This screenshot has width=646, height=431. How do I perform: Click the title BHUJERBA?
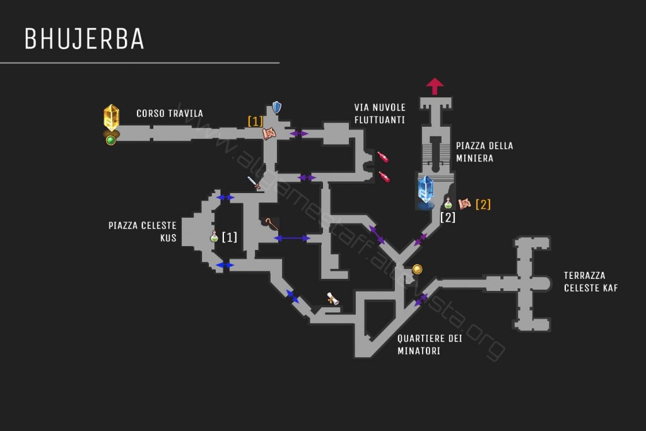(x=84, y=39)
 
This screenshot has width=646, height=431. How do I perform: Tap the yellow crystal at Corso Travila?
(x=112, y=117)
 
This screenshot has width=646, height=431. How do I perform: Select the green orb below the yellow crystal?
(x=111, y=140)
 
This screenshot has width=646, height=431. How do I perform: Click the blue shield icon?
(x=276, y=107)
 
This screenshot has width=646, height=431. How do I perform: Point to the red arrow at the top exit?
(x=435, y=86)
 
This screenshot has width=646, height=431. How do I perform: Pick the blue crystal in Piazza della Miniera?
(x=426, y=189)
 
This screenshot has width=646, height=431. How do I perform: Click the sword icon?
(x=254, y=184)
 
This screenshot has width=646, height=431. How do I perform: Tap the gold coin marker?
(x=417, y=269)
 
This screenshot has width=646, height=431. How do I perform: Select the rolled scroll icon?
(x=332, y=299)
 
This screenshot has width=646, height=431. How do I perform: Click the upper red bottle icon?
(x=383, y=156)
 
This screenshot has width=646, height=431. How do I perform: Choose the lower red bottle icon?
(x=384, y=177)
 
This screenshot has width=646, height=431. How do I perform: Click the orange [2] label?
(x=483, y=204)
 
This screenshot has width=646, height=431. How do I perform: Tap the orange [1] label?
(x=255, y=121)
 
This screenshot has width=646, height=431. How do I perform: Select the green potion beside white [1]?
(x=214, y=237)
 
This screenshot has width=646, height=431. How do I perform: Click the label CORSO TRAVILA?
(x=170, y=114)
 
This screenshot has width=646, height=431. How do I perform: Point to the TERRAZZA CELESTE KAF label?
(x=590, y=281)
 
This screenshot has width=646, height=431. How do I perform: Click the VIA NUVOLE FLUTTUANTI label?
(x=380, y=113)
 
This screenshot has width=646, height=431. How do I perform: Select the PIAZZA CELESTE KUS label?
(x=142, y=232)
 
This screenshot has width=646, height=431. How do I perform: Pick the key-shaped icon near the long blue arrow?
(x=272, y=224)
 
